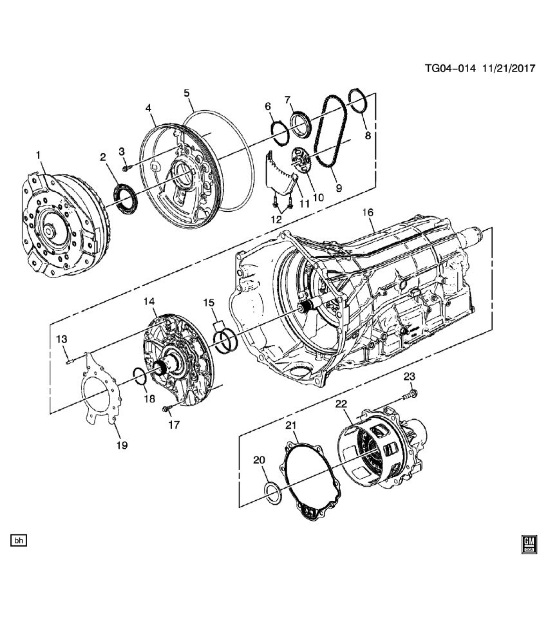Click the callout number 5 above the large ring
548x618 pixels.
pos(187,93)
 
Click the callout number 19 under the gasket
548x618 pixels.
pos(122,445)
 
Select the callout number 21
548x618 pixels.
pos(290,426)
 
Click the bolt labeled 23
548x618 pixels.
pos(410,393)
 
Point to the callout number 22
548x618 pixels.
pos(341,404)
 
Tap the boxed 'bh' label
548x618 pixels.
pos(18,540)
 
